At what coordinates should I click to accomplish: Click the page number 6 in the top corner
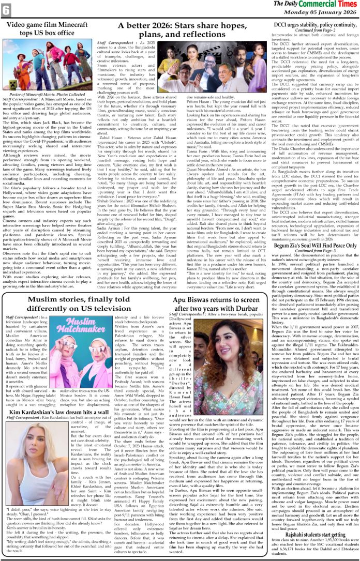click(x=6, y=8)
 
